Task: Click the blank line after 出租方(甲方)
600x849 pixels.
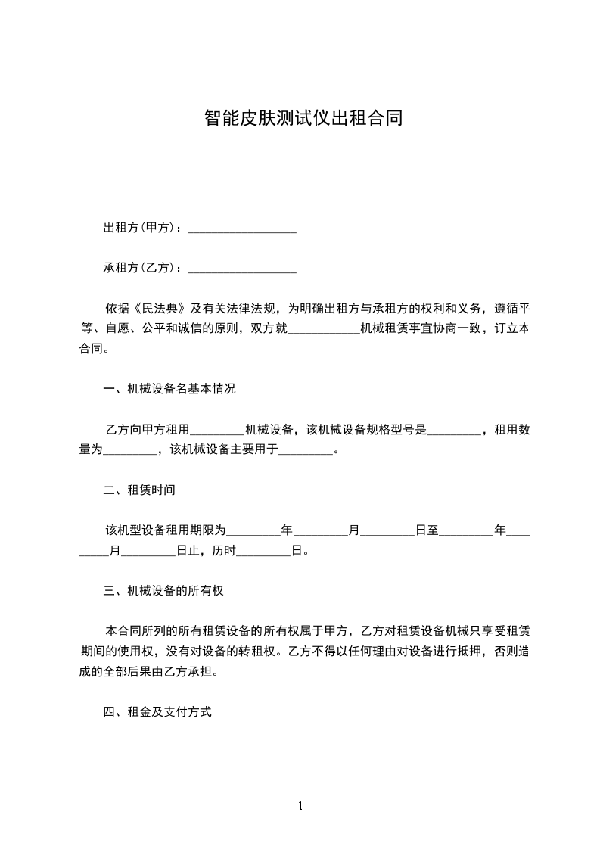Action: click(x=241, y=228)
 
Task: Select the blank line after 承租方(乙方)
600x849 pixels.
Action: click(x=241, y=268)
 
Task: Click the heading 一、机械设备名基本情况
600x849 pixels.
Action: click(x=169, y=389)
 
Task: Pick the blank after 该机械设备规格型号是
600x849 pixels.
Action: click(x=454, y=430)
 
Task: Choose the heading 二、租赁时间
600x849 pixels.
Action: click(x=139, y=490)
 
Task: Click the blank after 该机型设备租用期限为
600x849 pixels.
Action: click(x=253, y=530)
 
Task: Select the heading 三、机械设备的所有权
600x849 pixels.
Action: click(x=163, y=591)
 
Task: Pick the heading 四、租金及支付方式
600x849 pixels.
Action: click(x=157, y=712)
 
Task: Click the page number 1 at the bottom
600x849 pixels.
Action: click(x=300, y=807)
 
